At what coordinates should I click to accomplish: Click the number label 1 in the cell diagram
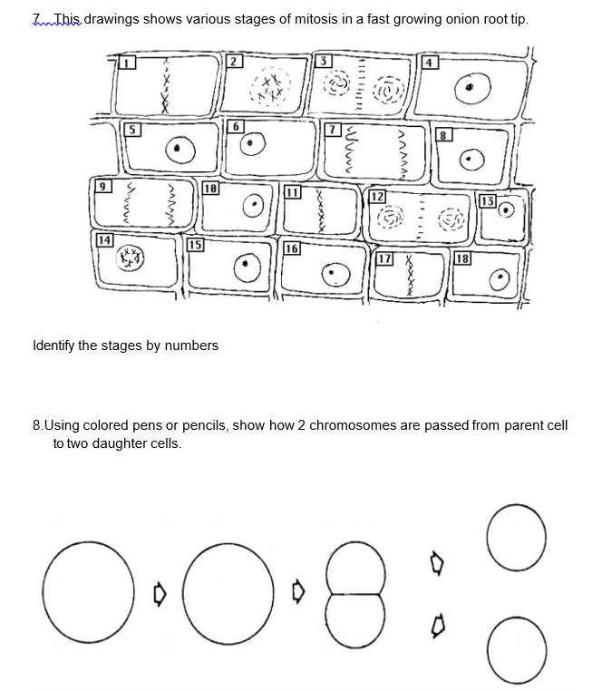tap(129, 63)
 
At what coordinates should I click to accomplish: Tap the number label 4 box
tap(432, 63)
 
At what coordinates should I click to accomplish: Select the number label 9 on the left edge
tap(104, 186)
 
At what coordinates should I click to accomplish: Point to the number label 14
tap(104, 239)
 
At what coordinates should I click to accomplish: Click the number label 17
tap(384, 258)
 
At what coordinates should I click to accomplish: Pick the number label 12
tap(378, 196)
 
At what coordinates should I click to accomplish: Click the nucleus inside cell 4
tap(471, 87)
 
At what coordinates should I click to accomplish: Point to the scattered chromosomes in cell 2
tap(267, 90)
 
